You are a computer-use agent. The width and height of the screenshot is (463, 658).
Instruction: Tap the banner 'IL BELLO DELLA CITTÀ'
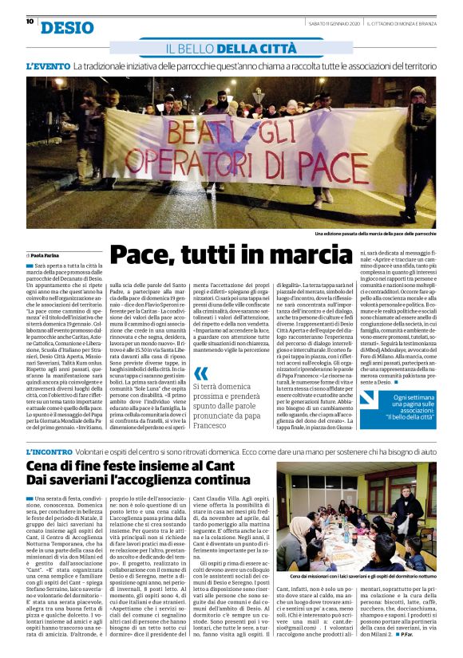tap(231, 49)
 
